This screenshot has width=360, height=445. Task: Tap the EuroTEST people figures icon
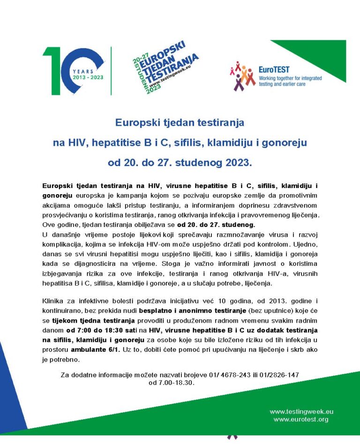tap(242, 76)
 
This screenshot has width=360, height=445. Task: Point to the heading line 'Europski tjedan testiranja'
tap(180, 123)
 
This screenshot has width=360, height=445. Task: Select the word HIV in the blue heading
tap(78, 143)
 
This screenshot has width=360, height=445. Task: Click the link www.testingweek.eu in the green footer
tap(301, 412)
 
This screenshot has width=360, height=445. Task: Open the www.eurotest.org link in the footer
tap(301, 419)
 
